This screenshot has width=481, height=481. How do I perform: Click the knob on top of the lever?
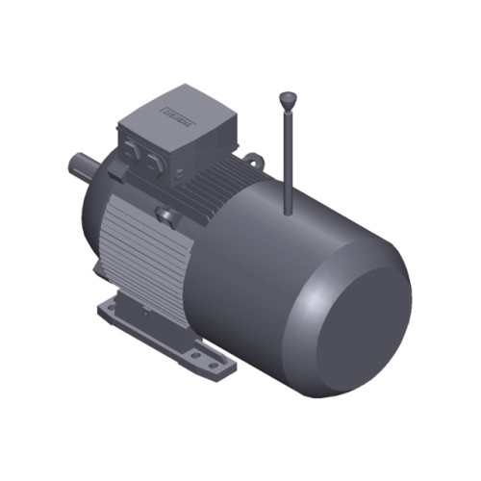tap(288, 97)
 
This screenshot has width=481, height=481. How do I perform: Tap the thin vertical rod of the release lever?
tap(288, 154)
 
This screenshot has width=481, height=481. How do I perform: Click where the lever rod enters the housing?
tap(289, 207)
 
